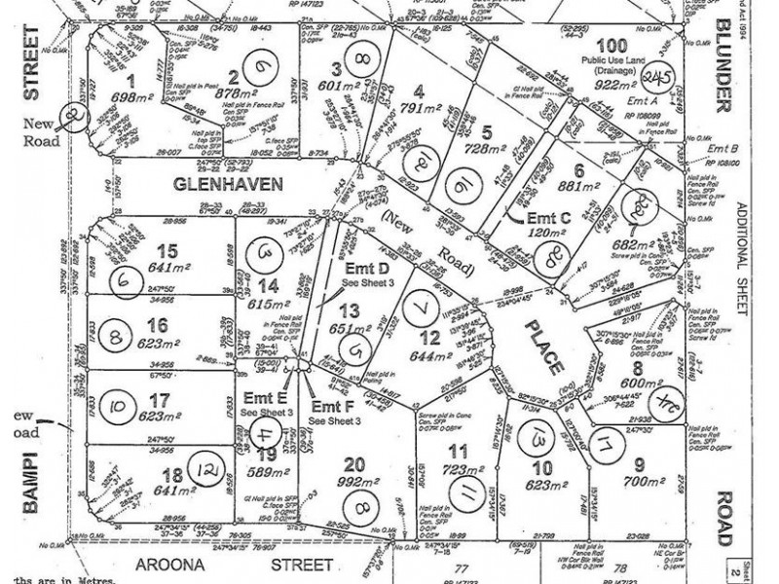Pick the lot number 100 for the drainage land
[611, 46]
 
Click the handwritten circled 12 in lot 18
[205, 472]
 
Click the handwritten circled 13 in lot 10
[536, 441]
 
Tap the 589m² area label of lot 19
[261, 474]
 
